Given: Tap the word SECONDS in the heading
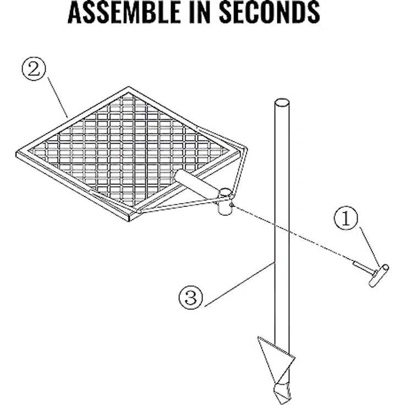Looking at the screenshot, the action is pos(270,12).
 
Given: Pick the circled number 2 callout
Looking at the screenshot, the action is pos(34,69).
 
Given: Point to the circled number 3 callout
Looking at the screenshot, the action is pos(191,297).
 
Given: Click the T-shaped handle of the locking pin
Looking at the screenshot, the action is pos(379,275).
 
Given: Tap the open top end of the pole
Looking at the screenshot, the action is pos(282,102).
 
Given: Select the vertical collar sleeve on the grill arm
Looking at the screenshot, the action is pos(225,202).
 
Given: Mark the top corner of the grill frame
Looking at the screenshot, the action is pos(129,87).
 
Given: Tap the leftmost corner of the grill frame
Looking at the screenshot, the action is pos(17,153).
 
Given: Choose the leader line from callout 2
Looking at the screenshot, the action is pos(58,97).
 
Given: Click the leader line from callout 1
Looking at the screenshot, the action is pos(370,247).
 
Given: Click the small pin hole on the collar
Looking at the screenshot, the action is pos(232,205).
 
